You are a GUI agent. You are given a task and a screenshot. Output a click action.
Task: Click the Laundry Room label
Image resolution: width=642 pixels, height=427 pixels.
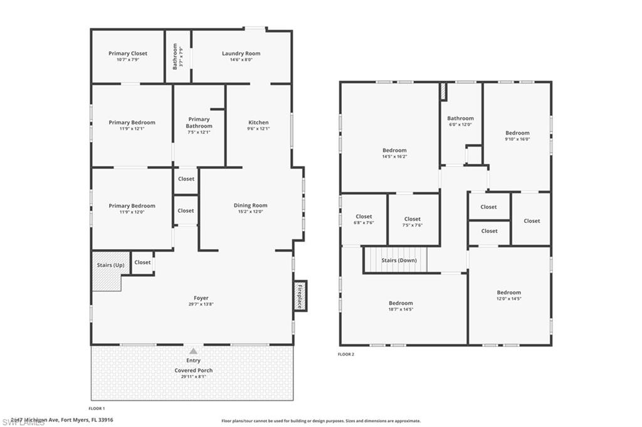click(x=241, y=54)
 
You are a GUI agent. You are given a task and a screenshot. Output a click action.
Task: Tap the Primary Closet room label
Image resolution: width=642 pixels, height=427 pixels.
click(x=128, y=54)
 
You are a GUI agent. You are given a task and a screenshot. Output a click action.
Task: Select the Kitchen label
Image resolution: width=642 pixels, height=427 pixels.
click(x=258, y=123)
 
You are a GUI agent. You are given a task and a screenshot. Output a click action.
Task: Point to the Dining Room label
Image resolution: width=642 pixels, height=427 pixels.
click(x=250, y=205)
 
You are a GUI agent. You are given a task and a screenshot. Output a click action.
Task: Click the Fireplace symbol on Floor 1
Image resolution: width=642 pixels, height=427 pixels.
click(x=300, y=296)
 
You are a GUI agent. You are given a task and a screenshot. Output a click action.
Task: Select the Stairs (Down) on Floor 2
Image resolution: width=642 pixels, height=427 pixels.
click(x=399, y=260)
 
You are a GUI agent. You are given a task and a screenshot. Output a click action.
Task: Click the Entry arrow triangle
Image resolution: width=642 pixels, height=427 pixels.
click(x=193, y=351)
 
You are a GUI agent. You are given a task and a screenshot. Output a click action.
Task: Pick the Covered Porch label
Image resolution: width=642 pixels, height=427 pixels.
click(x=193, y=371)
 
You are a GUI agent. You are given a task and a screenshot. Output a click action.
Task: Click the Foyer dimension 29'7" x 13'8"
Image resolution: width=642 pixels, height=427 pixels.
click(x=201, y=304)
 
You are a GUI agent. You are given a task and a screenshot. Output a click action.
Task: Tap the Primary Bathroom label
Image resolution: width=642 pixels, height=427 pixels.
click(x=199, y=123)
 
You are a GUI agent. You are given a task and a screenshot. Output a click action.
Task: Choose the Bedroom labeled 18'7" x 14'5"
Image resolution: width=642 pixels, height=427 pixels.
click(x=401, y=303)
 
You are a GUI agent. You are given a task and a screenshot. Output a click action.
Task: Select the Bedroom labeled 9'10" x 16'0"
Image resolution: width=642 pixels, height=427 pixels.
click(x=517, y=133)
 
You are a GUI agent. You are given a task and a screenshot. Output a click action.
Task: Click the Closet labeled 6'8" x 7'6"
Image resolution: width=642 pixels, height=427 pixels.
click(x=364, y=217)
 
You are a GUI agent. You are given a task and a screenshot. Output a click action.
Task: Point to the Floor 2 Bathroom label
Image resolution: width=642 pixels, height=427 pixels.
click(x=460, y=118)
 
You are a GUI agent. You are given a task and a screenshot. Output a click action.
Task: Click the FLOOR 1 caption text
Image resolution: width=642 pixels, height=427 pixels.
click(x=97, y=408)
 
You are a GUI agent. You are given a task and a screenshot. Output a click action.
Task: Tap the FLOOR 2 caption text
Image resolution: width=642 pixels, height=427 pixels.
click(x=346, y=354)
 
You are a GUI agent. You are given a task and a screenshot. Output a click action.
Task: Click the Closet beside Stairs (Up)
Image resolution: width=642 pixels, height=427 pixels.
click(x=142, y=262)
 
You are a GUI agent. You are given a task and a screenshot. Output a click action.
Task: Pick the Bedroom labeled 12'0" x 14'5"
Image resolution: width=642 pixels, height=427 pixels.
click(x=508, y=292)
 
